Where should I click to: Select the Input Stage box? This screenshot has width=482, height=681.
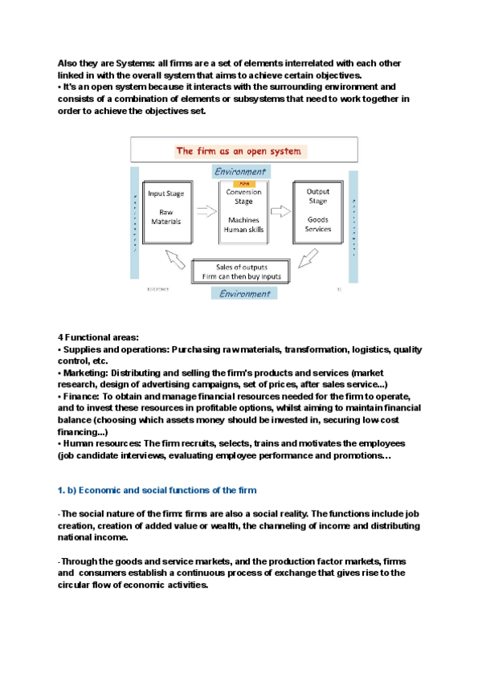[167, 213]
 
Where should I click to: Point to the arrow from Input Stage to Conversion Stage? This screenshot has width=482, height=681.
[206, 212]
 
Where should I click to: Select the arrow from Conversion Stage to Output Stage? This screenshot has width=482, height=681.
[280, 212]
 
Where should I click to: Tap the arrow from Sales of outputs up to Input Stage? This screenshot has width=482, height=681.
[174, 259]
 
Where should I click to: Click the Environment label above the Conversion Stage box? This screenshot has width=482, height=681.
[241, 171]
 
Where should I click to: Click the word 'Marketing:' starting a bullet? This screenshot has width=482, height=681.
[85, 373]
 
